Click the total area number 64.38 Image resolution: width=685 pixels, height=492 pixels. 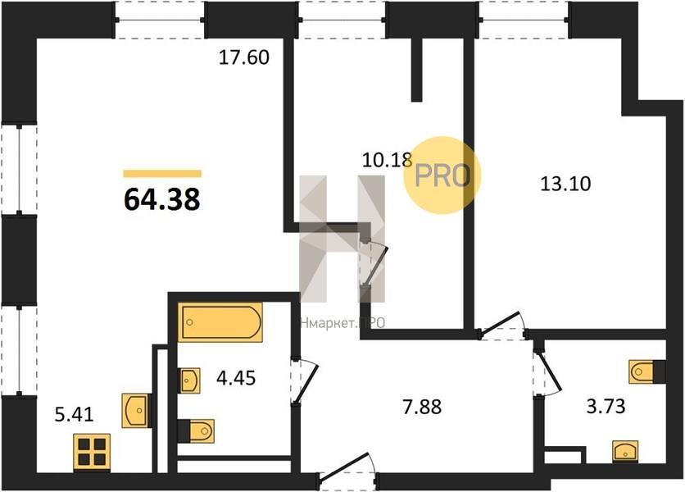click(x=162, y=199)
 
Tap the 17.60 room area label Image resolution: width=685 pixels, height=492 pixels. click(x=244, y=57)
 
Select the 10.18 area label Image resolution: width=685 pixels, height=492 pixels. click(x=387, y=160)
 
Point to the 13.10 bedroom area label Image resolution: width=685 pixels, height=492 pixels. click(x=565, y=184)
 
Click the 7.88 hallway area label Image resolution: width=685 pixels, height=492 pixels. click(x=422, y=407)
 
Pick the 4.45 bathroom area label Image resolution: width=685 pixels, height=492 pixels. click(x=236, y=378)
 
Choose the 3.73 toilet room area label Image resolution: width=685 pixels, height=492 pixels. click(x=606, y=406)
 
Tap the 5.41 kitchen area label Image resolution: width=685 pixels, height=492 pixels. click(x=75, y=414)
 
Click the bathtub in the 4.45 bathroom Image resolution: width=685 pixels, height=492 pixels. click(x=220, y=322)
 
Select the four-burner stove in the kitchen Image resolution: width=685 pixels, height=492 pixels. click(x=92, y=452)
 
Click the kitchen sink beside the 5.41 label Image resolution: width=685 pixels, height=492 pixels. click(x=137, y=411)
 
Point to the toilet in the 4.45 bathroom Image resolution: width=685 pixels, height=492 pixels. click(x=196, y=431)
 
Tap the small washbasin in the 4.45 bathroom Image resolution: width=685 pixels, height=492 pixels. click(x=189, y=380)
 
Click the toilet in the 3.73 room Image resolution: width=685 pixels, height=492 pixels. click(x=647, y=371)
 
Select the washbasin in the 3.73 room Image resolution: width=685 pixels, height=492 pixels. click(x=625, y=452)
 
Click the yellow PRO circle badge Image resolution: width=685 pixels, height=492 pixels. click(x=442, y=175)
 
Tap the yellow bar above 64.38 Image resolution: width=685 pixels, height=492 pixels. click(x=162, y=174)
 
